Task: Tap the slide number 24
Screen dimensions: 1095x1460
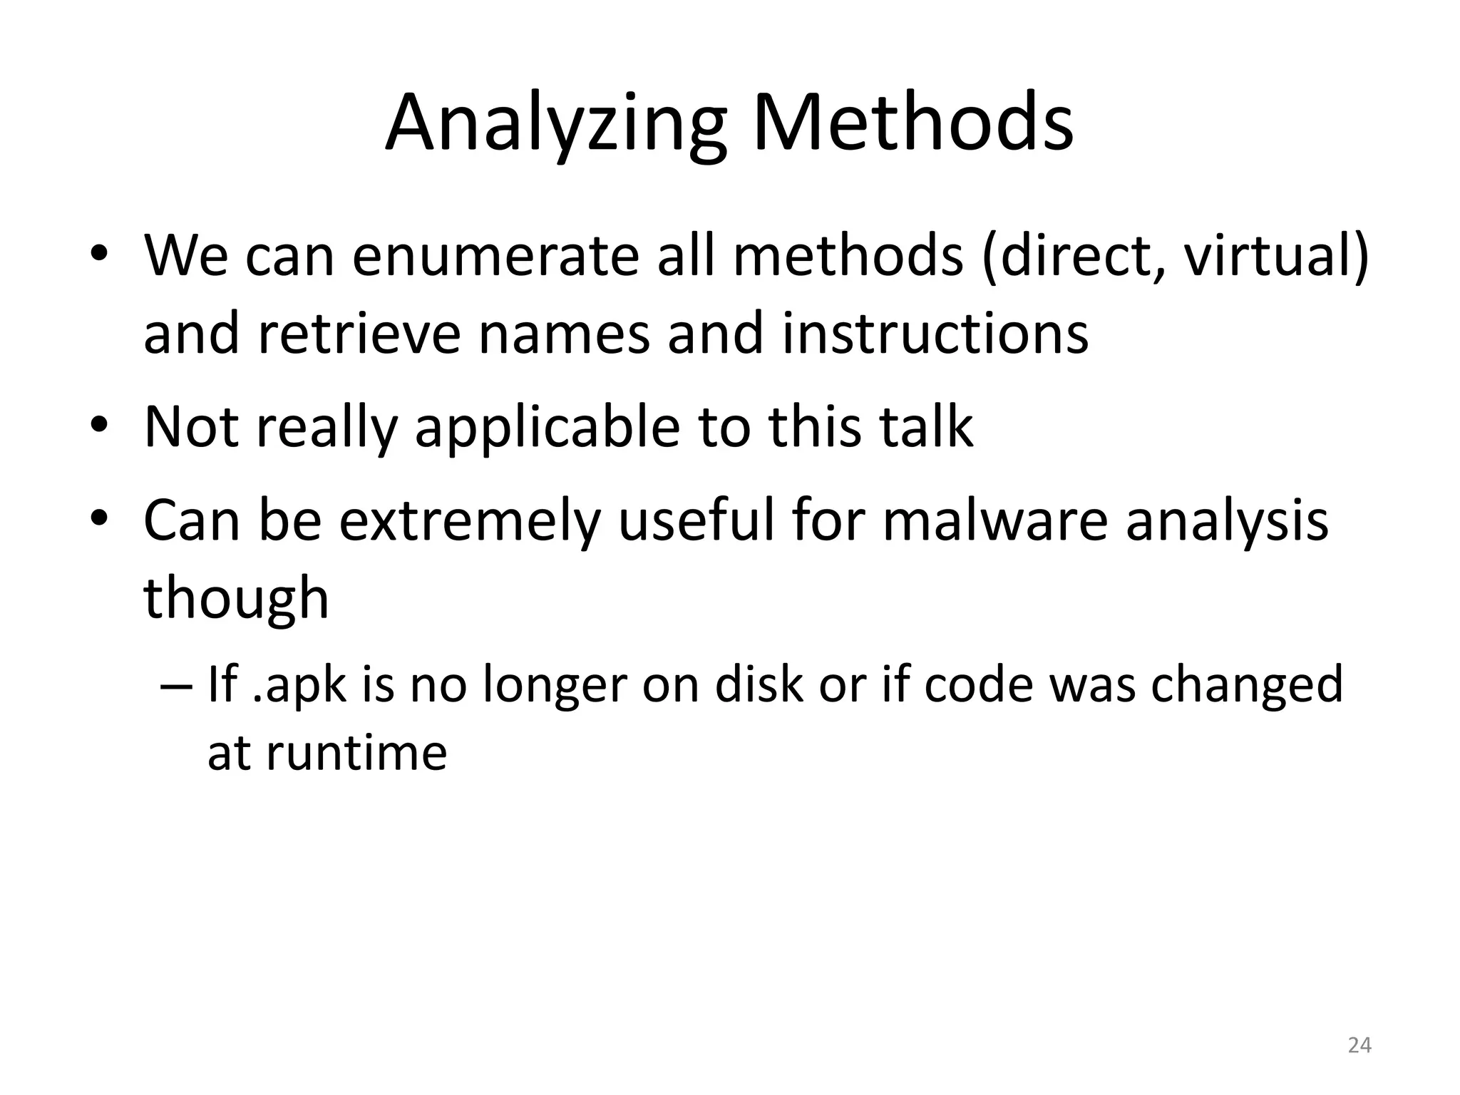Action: tap(1359, 1045)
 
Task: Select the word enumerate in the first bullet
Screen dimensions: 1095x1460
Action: tap(495, 257)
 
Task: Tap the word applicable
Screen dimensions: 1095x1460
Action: tap(547, 428)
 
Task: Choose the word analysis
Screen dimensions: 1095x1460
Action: tap(1227, 520)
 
